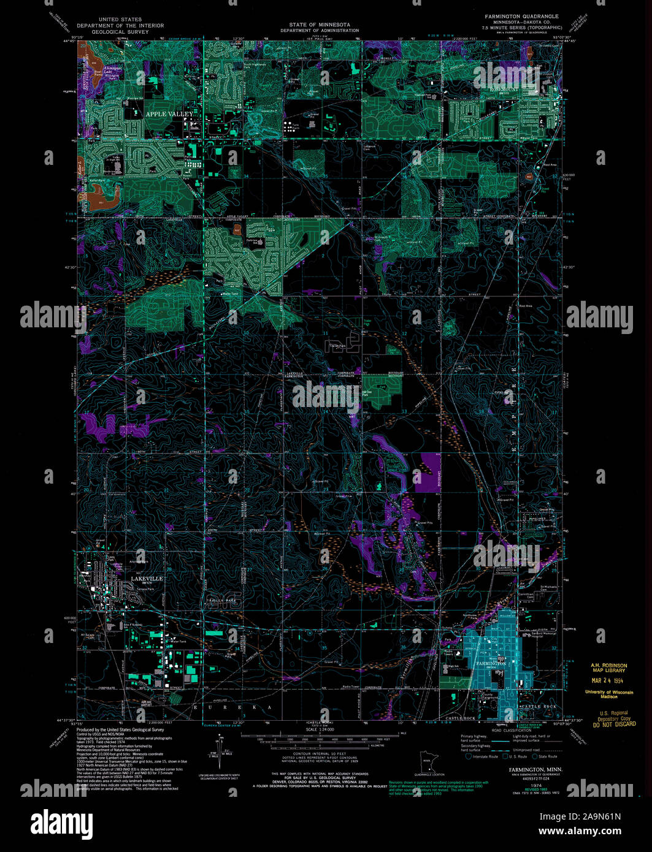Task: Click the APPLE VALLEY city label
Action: [169, 114]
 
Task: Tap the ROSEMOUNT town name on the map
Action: [504, 89]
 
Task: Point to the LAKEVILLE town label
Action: [147, 578]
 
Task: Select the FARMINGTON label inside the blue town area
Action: [491, 663]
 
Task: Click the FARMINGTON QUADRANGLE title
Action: [521, 17]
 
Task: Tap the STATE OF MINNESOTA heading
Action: [320, 25]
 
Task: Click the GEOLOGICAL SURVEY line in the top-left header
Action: [120, 31]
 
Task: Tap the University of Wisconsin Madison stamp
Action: [609, 694]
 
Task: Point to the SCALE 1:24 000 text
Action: [320, 729]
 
